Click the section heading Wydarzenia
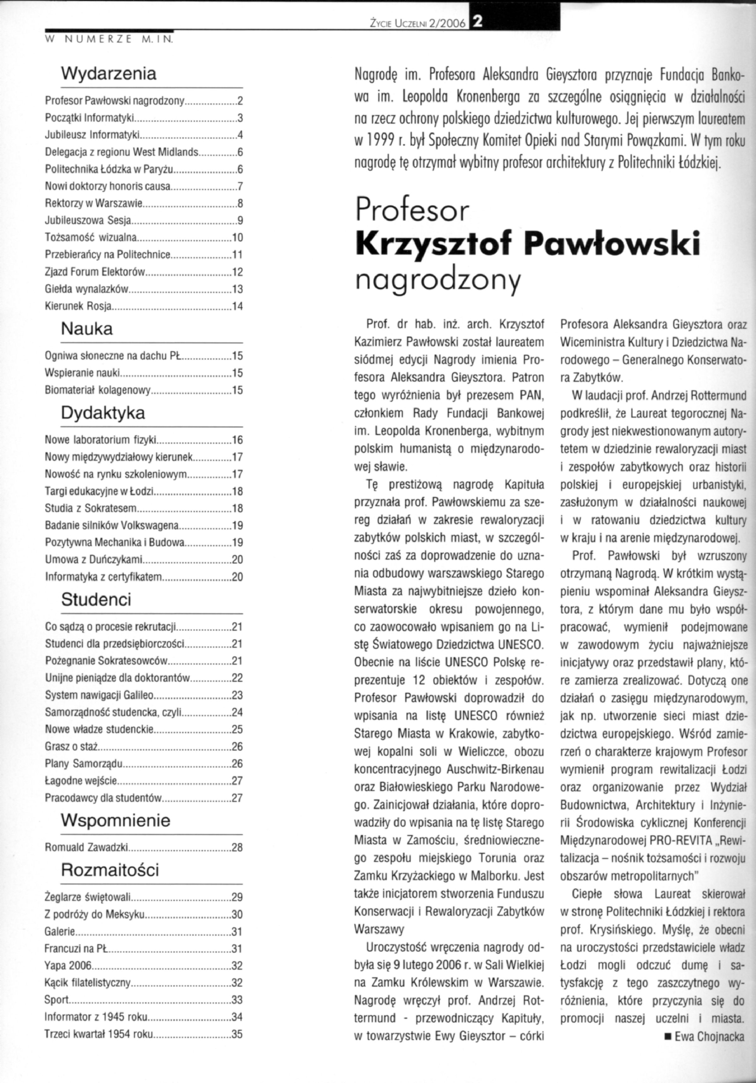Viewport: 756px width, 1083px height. [109, 74]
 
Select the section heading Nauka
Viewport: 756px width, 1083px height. [87, 329]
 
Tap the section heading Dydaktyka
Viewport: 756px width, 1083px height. [103, 413]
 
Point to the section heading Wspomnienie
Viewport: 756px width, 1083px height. [115, 820]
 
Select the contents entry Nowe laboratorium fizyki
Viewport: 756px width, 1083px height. [100, 440]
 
